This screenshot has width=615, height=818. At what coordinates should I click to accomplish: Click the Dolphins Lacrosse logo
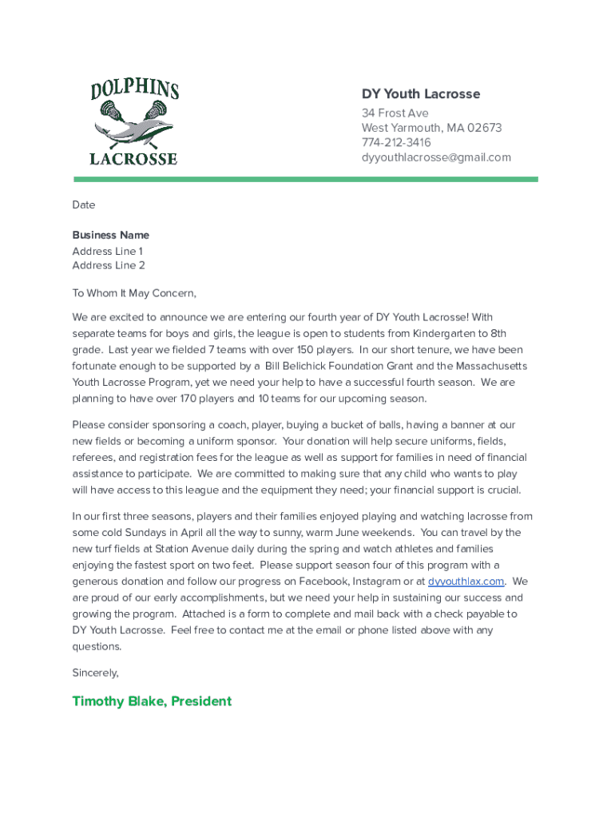[134, 121]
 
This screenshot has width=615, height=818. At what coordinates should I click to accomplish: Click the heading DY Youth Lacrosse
[420, 94]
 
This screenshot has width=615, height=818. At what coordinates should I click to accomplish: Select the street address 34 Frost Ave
[395, 113]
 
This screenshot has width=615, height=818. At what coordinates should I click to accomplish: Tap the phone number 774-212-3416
[395, 142]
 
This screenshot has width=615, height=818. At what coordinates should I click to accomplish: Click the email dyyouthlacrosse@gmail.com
[435, 157]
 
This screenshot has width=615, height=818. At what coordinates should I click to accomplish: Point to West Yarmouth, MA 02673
[431, 128]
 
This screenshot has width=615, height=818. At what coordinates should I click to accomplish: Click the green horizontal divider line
[306, 180]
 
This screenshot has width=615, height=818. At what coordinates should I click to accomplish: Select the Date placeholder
[84, 205]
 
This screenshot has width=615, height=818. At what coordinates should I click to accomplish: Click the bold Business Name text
[110, 236]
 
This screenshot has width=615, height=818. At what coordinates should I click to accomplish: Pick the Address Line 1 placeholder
[107, 251]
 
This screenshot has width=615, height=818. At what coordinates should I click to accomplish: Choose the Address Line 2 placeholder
[108, 265]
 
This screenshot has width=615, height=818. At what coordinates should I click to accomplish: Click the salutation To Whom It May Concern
[133, 293]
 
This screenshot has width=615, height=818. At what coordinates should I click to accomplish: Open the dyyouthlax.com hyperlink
[466, 582]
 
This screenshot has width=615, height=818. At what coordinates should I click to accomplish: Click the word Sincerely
[95, 673]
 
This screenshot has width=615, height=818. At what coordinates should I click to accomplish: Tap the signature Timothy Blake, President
[152, 701]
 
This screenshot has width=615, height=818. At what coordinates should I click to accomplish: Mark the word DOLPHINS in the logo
[134, 89]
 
